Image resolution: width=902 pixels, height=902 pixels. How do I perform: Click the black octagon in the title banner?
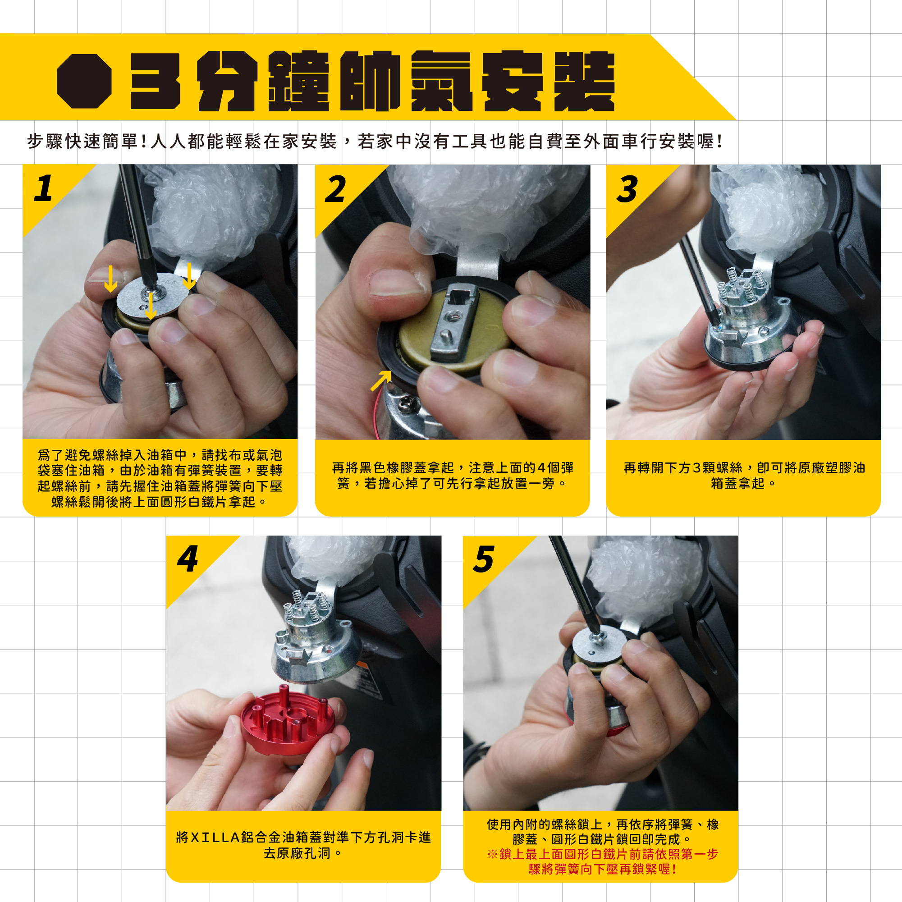pyautogui.click(x=84, y=81)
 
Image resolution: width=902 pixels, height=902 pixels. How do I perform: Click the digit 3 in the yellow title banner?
pyautogui.click(x=155, y=81)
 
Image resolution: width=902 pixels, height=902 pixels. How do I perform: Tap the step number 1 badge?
pyautogui.click(x=43, y=188)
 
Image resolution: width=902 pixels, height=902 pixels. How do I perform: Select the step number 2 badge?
pyautogui.click(x=336, y=188)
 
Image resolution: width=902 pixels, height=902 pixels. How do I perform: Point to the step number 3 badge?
pyautogui.click(x=627, y=188)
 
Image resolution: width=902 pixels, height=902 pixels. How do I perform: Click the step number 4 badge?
pyautogui.click(x=188, y=559)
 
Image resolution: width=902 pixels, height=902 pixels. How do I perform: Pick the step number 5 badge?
pyautogui.click(x=484, y=559)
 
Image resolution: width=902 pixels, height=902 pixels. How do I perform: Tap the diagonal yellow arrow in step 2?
pyautogui.click(x=381, y=380)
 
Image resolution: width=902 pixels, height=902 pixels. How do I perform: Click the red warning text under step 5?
pyautogui.click(x=602, y=861)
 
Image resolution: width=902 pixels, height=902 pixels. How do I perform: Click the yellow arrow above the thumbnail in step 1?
pyautogui.click(x=110, y=278)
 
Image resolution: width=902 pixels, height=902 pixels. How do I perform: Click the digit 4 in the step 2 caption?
pyautogui.click(x=541, y=467)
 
